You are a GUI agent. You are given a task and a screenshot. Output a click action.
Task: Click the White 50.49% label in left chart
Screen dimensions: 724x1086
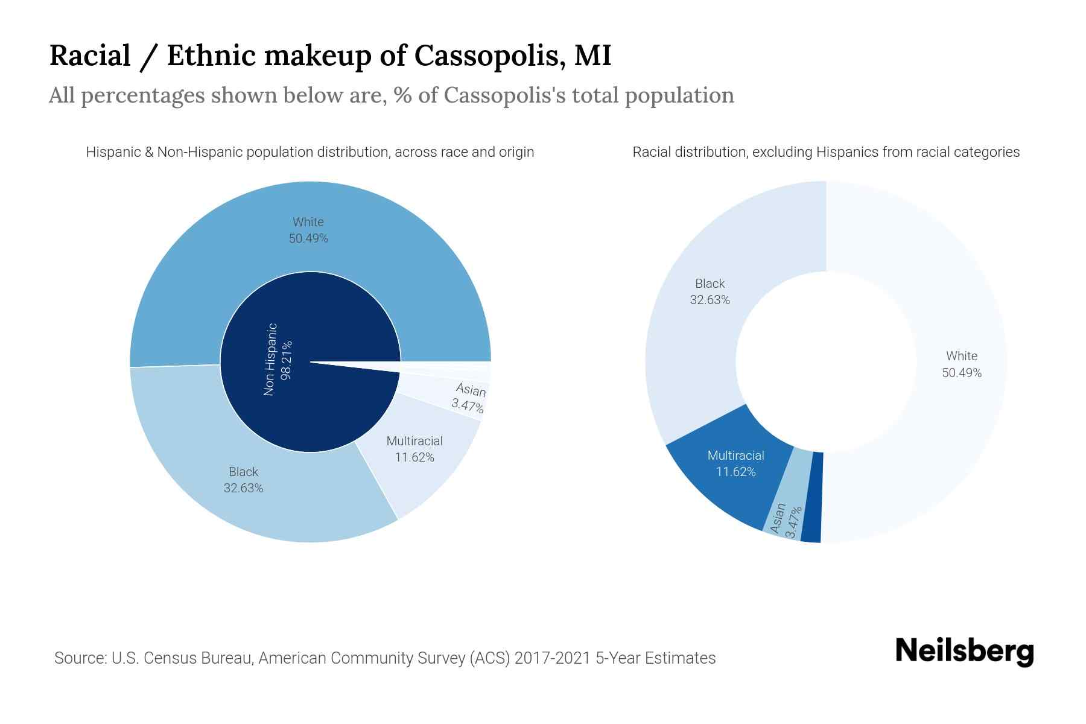tap(308, 230)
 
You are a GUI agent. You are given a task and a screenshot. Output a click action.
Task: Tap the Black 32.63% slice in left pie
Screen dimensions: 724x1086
tap(243, 480)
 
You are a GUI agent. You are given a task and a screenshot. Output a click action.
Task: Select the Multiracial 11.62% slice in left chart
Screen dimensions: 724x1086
tap(414, 449)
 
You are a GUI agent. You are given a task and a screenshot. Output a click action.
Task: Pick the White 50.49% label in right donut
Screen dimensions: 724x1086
tap(961, 364)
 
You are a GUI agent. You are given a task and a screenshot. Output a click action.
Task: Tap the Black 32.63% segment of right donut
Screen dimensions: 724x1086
tap(710, 291)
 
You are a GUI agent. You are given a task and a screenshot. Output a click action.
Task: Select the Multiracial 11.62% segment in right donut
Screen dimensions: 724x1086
tap(735, 463)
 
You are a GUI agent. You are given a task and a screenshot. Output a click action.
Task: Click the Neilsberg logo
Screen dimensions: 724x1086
tap(964, 651)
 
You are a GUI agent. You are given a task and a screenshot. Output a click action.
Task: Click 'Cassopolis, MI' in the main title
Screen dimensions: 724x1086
tap(513, 56)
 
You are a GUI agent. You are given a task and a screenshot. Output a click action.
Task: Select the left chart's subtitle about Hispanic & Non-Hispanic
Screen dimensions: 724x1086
tap(310, 152)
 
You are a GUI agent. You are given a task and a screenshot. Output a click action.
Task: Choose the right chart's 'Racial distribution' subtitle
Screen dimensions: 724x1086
tap(825, 152)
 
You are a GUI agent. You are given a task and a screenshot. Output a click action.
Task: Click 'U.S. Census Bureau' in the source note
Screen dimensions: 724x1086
tap(182, 658)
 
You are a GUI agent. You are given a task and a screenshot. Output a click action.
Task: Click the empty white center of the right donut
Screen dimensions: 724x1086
tap(825, 362)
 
